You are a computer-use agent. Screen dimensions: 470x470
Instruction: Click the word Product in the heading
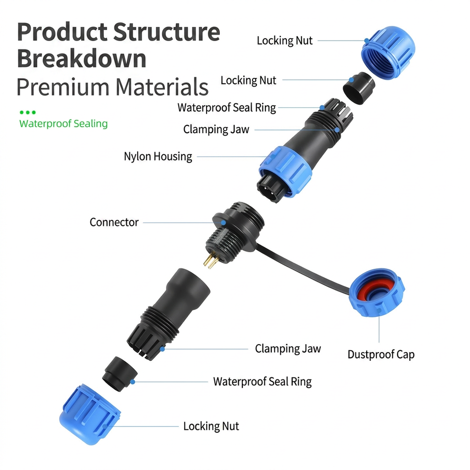pyautogui.click(x=62, y=32)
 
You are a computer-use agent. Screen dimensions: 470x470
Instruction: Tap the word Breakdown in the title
pyautogui.click(x=82, y=58)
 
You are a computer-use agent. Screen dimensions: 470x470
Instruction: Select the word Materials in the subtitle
pyautogui.click(x=162, y=87)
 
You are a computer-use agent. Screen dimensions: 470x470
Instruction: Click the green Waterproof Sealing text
pyautogui.click(x=64, y=123)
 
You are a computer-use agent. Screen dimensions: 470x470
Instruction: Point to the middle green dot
pyautogui.click(x=27, y=113)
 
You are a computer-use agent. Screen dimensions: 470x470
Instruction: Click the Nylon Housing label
pyautogui.click(x=158, y=157)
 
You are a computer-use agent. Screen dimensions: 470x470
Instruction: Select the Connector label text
pyautogui.click(x=114, y=222)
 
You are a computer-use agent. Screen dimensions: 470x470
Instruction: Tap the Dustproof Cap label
pyautogui.click(x=381, y=354)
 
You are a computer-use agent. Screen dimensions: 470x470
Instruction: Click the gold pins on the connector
pyautogui.click(x=211, y=260)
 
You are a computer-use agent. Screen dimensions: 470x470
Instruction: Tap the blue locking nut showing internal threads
pyautogui.click(x=388, y=53)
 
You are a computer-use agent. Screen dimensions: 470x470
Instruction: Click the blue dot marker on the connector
pyautogui.click(x=223, y=223)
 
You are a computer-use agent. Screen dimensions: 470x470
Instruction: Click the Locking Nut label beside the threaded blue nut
pyautogui.click(x=284, y=41)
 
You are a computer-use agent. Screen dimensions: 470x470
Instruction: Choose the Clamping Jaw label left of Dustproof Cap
pyautogui.click(x=288, y=349)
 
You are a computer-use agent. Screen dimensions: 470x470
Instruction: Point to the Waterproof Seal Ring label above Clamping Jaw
pyautogui.click(x=227, y=108)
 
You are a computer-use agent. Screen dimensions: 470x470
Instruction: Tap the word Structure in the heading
pyautogui.click(x=166, y=32)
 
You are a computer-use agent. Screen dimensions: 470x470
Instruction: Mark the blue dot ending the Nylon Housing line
pyautogui.click(x=273, y=157)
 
